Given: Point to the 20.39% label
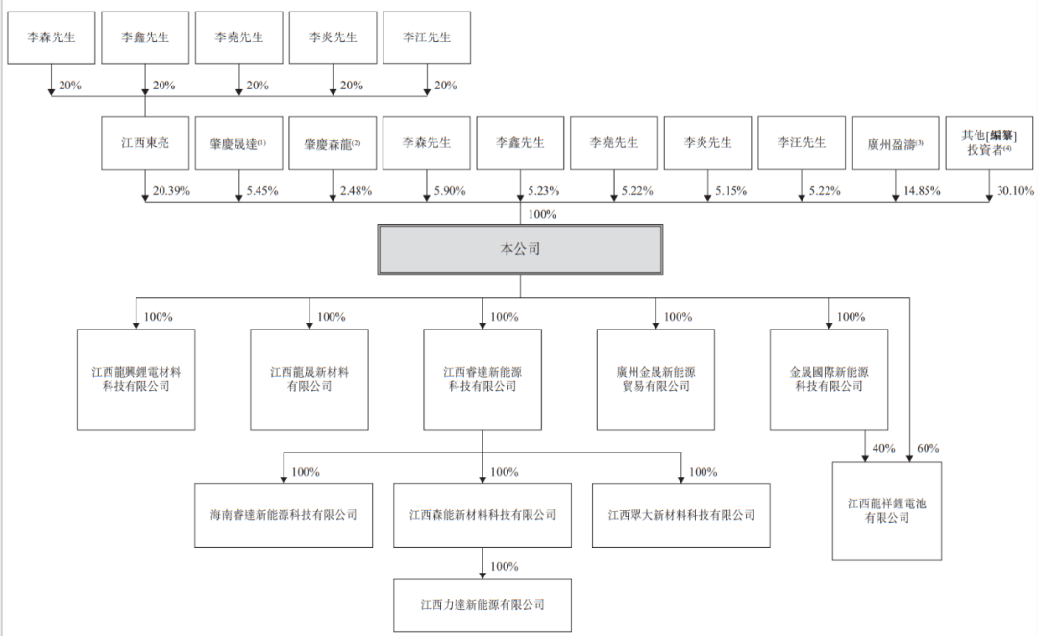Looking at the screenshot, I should [x=171, y=191].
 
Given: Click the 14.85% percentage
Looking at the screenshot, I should [x=921, y=191].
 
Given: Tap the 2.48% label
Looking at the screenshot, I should [x=357, y=191].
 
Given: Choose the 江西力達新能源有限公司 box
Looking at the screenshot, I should [x=482, y=605].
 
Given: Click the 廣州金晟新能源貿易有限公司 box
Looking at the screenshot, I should [x=655, y=379].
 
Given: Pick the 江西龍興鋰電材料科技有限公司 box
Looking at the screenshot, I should [x=136, y=379].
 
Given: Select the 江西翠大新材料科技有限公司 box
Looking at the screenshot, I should [x=681, y=515].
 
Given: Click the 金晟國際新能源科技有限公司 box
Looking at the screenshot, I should [x=828, y=379].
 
